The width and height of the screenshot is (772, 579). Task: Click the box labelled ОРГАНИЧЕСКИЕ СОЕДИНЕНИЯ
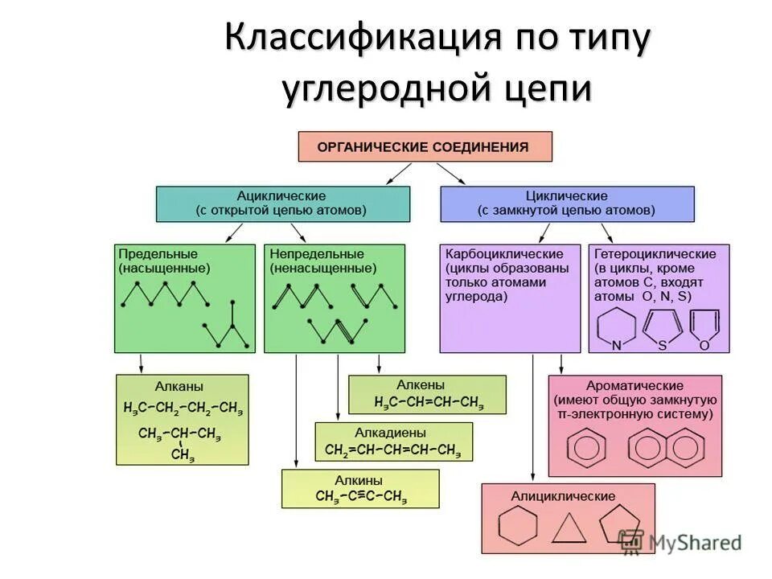(425, 147)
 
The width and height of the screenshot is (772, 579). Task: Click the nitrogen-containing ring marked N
(617, 327)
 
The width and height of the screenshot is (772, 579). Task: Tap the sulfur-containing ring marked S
(663, 326)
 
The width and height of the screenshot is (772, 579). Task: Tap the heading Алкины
(359, 479)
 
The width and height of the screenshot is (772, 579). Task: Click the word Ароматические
(635, 386)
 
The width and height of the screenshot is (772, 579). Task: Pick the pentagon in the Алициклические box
(620, 524)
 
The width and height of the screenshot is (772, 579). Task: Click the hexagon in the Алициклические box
(517, 528)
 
